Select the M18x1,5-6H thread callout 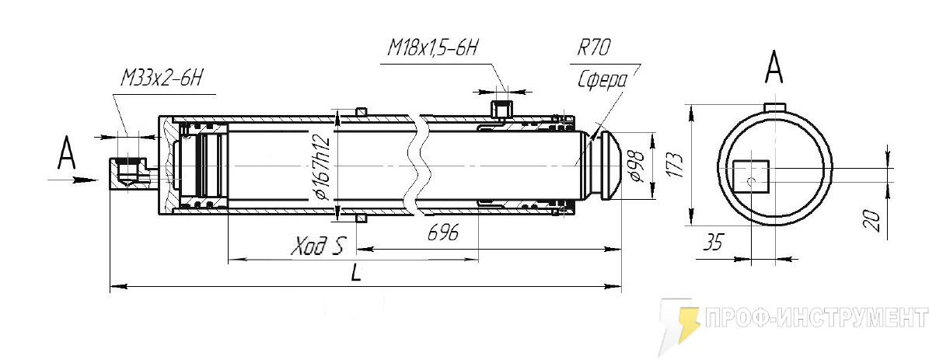coord(432,48)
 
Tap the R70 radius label coord(594,48)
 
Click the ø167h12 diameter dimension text coord(323,168)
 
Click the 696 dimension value coord(443,234)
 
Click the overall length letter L coord(356,273)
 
